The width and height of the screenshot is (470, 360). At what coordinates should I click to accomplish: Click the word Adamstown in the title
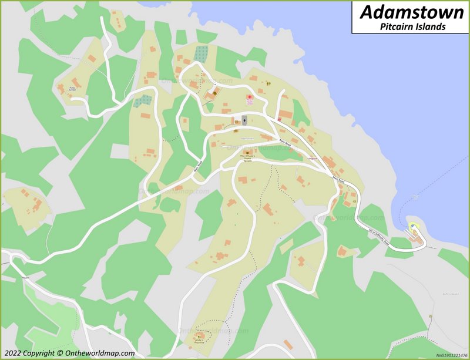coord(411,12)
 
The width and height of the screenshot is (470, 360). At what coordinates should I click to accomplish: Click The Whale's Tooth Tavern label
coord(246,158)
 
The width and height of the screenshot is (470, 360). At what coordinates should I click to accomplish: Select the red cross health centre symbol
coord(249,97)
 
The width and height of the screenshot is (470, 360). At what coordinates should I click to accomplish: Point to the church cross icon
coord(244,121)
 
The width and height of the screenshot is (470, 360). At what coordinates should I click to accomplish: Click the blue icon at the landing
coord(412,226)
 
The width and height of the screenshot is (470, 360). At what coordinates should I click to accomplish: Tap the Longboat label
coord(313,157)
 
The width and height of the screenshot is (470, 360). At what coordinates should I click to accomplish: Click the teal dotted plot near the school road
coord(142,101)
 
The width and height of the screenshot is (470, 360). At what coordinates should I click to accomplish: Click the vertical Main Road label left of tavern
coord(199,167)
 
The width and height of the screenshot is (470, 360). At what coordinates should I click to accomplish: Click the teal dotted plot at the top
coord(202,53)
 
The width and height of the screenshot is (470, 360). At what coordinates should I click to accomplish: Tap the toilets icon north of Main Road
coord(268,83)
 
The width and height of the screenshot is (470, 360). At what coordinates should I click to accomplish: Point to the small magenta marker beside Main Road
coord(279,119)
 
